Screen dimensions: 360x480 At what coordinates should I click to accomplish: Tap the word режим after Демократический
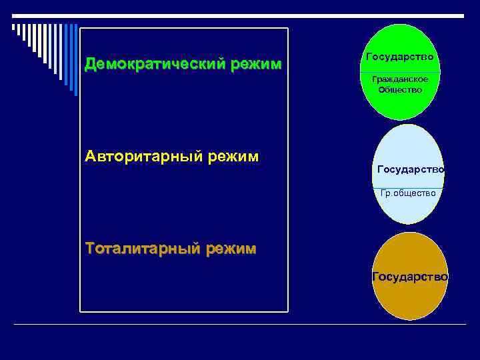(256, 65)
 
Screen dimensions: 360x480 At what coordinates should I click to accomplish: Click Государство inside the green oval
(400, 57)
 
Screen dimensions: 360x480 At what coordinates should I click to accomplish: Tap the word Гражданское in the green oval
(400, 79)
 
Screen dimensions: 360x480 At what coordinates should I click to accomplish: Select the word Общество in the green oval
(400, 89)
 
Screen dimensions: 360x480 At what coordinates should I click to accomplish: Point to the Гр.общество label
(408, 193)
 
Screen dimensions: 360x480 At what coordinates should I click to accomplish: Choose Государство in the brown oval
(409, 276)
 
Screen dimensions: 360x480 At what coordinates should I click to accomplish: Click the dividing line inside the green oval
(400, 72)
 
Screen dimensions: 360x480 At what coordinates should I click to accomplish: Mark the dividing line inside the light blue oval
(408, 187)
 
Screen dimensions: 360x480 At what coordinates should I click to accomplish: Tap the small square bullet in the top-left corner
(14, 27)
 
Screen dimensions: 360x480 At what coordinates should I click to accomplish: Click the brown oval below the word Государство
(409, 300)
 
